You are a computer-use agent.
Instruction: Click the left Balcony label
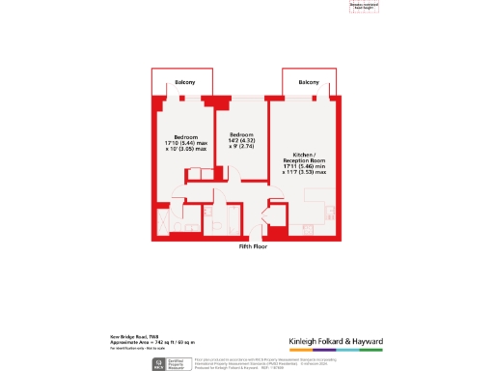[x=184, y=83]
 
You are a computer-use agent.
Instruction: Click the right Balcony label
[x=308, y=83]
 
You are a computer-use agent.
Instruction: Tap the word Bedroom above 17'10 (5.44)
[x=185, y=137]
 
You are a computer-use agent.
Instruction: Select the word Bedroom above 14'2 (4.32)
[x=241, y=133]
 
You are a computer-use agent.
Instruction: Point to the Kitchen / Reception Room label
[x=305, y=157]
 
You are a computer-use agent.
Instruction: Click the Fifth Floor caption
[x=254, y=246]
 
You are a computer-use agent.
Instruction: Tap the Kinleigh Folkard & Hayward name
[x=336, y=340]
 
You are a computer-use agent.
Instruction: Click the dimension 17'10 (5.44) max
[x=186, y=144]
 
